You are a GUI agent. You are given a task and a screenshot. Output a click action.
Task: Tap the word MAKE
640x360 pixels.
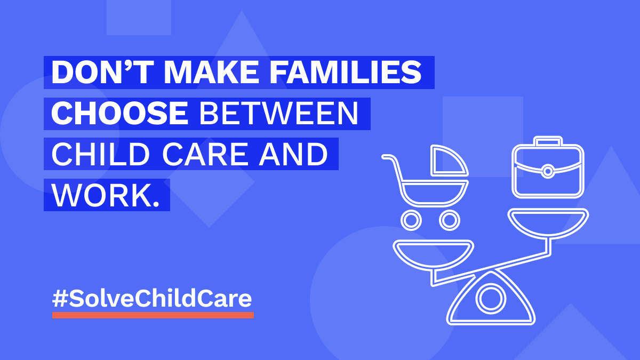click(211, 73)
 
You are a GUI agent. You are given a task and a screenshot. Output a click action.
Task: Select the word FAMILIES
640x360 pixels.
click(346, 73)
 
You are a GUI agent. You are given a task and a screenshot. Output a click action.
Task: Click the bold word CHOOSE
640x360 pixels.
click(119, 114)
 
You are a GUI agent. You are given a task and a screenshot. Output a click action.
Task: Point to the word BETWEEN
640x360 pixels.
click(278, 114)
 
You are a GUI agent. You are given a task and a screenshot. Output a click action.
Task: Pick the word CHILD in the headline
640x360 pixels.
click(101, 154)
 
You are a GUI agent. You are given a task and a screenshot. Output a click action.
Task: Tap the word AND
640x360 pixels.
click(293, 154)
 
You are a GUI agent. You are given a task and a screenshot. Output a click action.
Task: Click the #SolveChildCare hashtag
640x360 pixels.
click(152, 299)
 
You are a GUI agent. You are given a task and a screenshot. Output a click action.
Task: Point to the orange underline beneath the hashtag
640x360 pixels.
click(153, 315)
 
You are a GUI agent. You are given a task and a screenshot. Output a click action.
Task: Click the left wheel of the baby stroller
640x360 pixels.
click(411, 220)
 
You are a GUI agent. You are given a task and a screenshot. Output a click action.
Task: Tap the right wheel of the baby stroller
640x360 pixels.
click(450, 220)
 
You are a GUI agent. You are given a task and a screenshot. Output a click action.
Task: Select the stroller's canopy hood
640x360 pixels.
click(449, 161)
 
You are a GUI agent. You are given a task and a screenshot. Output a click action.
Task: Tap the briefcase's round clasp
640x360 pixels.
click(548, 171)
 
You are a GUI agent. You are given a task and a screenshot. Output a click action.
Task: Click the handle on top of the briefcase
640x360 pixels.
click(548, 141)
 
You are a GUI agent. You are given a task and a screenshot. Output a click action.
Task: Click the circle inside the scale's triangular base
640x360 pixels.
click(491, 299)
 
